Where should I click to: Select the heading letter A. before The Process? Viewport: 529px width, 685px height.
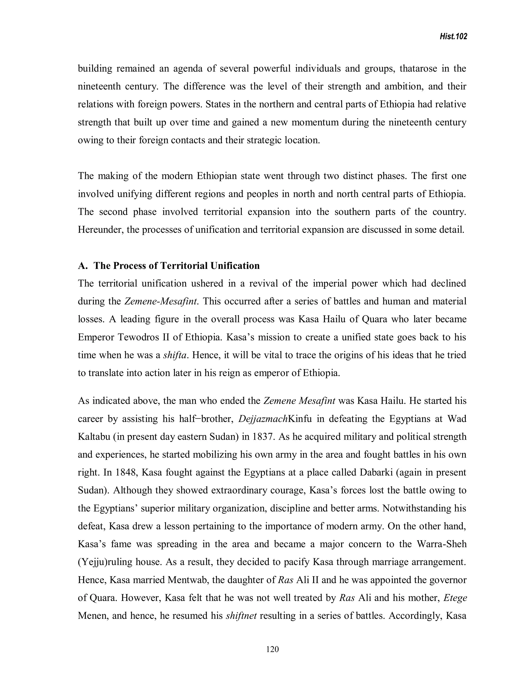click(x=83, y=266)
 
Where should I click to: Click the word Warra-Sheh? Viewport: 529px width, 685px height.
click(x=441, y=544)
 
